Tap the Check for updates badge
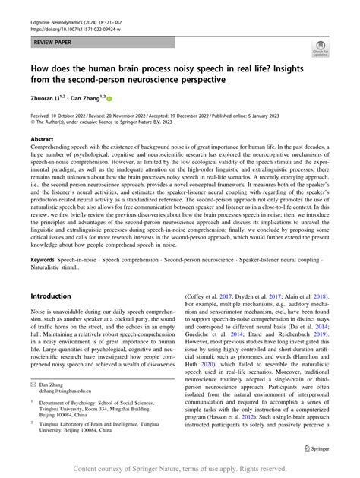(322, 51)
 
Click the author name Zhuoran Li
(46, 98)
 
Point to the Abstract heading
(42, 140)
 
